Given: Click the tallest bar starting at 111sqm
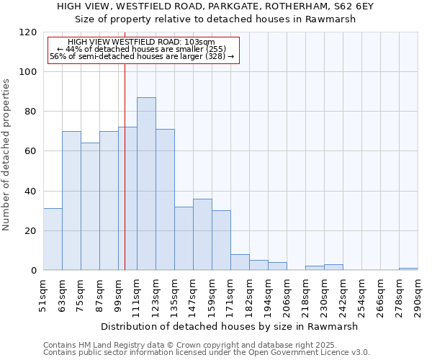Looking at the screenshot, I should (146, 184).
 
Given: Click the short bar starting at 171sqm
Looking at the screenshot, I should (240, 263).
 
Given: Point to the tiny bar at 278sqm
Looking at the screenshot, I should (408, 269).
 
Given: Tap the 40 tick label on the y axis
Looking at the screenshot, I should (31, 192).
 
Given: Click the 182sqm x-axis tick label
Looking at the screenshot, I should (250, 297).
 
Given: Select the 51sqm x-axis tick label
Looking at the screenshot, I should (44, 297).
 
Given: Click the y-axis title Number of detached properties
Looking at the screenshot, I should (7, 152).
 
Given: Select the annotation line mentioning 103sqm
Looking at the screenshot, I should (142, 42).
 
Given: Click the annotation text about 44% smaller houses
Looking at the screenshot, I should (142, 49).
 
